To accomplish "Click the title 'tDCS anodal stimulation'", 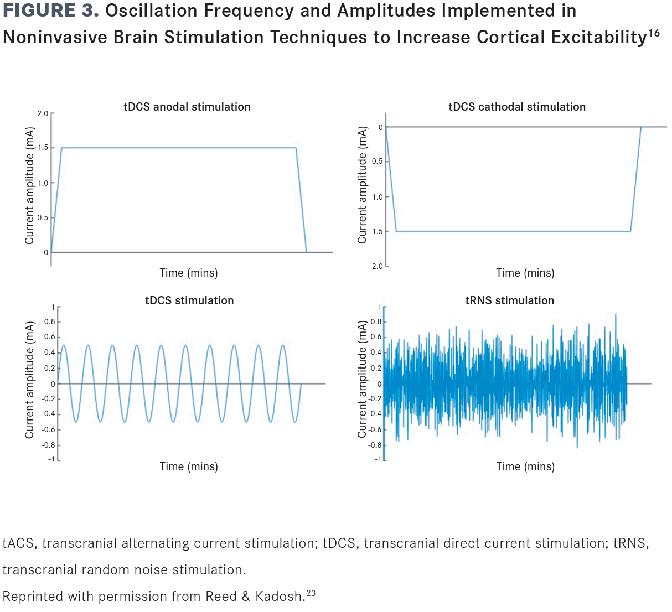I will click(x=187, y=107).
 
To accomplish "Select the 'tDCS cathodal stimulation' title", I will click(x=516, y=107).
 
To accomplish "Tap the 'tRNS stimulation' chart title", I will click(x=509, y=300).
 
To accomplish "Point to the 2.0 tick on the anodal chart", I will click(x=43, y=114).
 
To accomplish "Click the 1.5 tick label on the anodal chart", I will click(x=43, y=148).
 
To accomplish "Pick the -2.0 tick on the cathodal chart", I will click(x=376, y=266).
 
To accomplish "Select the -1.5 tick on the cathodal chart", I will click(x=376, y=231).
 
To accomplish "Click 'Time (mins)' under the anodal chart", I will click(x=188, y=273).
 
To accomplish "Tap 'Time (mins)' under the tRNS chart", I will click(x=525, y=466).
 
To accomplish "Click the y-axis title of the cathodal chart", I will click(x=362, y=185).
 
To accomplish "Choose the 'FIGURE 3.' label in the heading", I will click(x=51, y=11).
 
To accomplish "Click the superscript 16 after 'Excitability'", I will click(x=654, y=33).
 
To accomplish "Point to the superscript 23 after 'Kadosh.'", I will click(x=311, y=593).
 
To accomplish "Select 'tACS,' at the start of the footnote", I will click(x=19, y=543).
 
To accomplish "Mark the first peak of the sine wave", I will click(x=64, y=345).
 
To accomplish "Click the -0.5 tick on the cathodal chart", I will click(x=376, y=162).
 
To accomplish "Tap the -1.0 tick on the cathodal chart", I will click(x=376, y=197).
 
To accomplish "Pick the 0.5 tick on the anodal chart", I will click(x=43, y=217).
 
